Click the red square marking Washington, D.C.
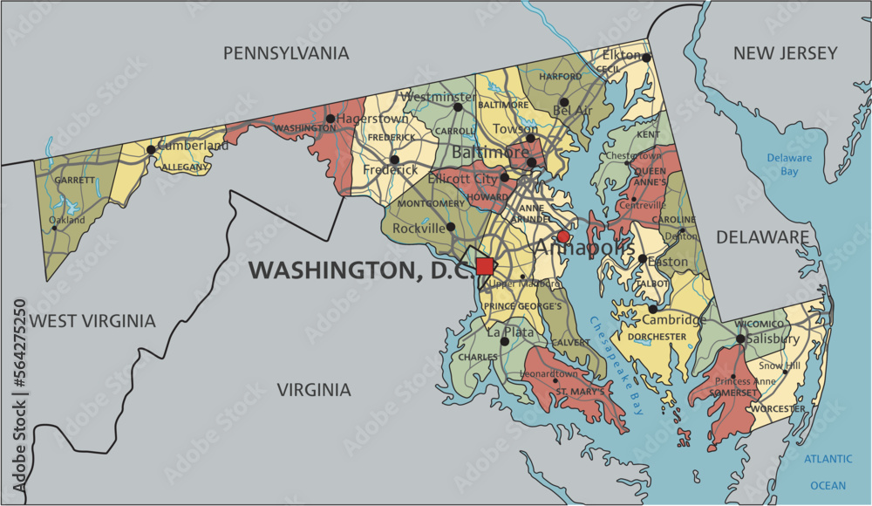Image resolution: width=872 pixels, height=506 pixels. click(485, 266)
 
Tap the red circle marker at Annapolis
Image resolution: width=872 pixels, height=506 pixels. click(563, 236)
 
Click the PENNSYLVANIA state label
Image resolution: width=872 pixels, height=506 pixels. click(286, 54)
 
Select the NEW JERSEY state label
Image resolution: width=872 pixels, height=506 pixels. click(785, 54)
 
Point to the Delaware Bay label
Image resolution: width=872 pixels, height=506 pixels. click(789, 165)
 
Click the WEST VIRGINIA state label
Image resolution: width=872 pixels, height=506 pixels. click(92, 321)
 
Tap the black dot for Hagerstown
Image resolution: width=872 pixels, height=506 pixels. click(330, 119)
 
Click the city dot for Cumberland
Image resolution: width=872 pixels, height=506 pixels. click(151, 149)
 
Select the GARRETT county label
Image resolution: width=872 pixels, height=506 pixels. click(74, 180)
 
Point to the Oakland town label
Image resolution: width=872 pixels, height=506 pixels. click(67, 221)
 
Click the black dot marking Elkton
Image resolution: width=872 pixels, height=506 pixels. click(647, 58)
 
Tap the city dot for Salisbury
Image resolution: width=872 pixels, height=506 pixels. click(739, 338)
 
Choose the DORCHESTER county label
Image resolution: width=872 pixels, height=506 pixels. click(657, 337)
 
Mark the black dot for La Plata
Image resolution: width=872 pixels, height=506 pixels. click(504, 341)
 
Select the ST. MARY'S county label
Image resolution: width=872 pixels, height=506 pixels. click(581, 392)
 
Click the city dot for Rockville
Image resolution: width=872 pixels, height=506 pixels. click(451, 227)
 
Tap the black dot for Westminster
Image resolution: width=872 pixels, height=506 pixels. click(458, 107)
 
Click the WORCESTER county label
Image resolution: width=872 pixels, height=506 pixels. click(779, 408)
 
